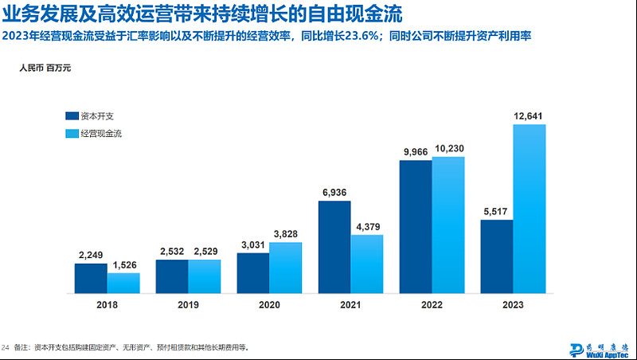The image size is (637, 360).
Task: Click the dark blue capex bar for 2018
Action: point(91,278)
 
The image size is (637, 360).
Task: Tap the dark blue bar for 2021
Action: point(334,247)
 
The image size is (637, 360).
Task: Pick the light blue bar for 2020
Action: point(285,268)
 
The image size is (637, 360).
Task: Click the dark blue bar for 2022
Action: point(415,227)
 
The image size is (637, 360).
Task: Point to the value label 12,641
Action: point(530,116)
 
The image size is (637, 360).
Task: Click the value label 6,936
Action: point(334,193)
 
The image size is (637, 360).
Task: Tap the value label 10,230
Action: point(447,149)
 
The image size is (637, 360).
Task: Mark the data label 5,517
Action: point(497,212)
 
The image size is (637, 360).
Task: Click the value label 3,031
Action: point(252,245)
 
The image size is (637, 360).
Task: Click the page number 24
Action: point(6,347)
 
